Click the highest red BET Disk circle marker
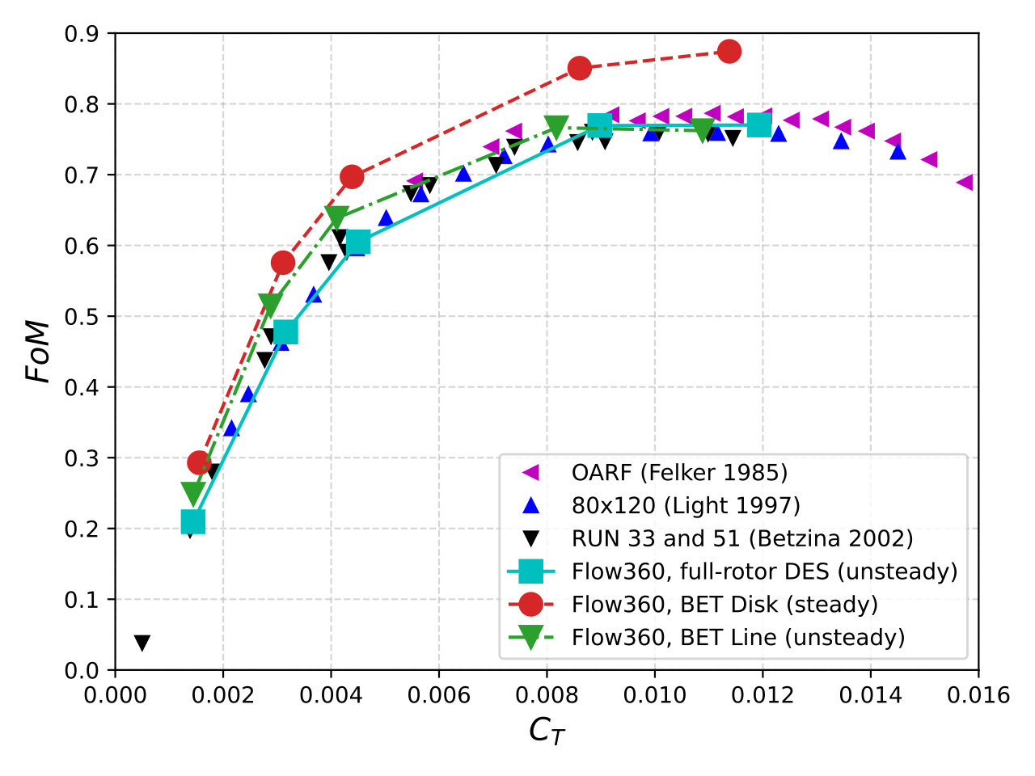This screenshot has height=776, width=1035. click(x=729, y=52)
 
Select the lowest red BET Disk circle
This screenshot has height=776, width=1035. click(x=199, y=462)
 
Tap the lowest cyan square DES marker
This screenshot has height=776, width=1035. click(x=192, y=522)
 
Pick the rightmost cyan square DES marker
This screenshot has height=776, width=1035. click(x=758, y=124)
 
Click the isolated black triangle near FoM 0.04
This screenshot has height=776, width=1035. click(x=142, y=643)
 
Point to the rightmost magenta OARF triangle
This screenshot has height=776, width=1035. click(x=965, y=183)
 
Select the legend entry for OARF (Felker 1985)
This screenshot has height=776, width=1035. click(x=679, y=472)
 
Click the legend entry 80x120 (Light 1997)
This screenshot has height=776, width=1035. click(x=686, y=505)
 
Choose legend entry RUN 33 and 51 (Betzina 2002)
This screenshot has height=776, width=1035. click(x=742, y=538)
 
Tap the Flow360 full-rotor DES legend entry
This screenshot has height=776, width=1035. click(x=764, y=571)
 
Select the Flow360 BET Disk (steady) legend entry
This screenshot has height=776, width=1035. click(x=724, y=605)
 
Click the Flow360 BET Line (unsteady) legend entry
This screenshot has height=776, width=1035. click(x=738, y=638)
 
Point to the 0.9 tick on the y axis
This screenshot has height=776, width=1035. click(x=82, y=34)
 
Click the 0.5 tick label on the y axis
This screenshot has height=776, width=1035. click(x=82, y=317)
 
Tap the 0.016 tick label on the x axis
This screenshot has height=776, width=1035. click(x=978, y=695)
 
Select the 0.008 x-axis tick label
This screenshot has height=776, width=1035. click(x=547, y=695)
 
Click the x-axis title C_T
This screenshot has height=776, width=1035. click(x=547, y=732)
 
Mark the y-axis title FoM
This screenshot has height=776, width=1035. click(x=38, y=352)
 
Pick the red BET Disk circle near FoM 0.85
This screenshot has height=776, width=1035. click(x=579, y=68)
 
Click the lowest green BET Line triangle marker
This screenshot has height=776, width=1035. click(x=192, y=493)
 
